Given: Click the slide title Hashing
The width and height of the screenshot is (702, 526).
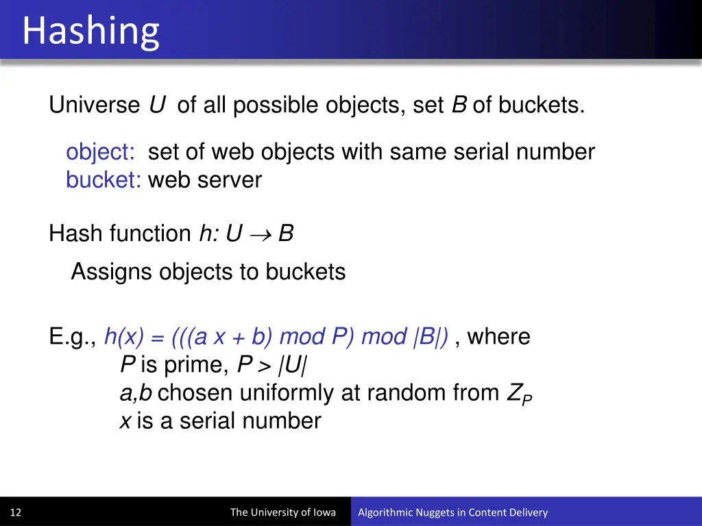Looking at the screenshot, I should click(90, 32).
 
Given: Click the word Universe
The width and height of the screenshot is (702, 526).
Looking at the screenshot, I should click(94, 105).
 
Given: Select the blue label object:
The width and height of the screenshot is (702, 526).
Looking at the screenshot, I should click(100, 152).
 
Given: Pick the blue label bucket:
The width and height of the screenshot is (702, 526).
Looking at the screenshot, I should click(104, 180).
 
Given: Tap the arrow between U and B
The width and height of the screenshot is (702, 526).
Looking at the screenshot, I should click(261, 234).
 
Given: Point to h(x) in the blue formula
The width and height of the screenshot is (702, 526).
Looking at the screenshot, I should click(124, 337).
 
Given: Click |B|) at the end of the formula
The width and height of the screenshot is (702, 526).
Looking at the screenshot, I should click(431, 337).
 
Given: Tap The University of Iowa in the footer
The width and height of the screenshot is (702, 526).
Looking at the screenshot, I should click(283, 512).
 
